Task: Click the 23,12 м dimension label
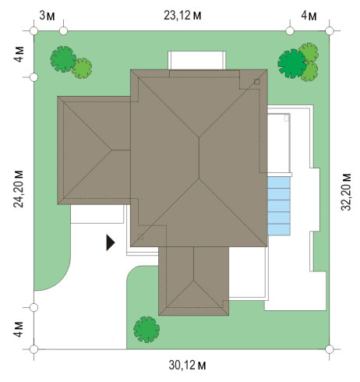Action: pos(182,16)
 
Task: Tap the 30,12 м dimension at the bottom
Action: pos(187,365)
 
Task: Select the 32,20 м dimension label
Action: pos(346,192)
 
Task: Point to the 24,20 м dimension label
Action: pos(19,189)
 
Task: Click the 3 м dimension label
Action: pos(47,16)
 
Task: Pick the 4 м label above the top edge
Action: pos(309,16)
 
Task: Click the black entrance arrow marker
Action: pos(111,242)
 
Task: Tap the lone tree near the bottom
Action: pos(146,330)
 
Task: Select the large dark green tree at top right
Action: pos(292,63)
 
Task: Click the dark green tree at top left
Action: pos(63,59)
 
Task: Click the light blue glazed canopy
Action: pos(279,206)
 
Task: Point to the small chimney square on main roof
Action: pos(256,82)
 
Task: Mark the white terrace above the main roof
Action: pos(196,60)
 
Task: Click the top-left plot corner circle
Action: pos(34,31)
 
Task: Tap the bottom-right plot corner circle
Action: pos(330,349)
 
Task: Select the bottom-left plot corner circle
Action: pos(34,349)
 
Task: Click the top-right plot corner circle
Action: pos(330,31)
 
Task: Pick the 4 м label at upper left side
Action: pos(19,55)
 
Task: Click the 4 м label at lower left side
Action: pos(19,329)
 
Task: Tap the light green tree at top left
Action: pos(82,68)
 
